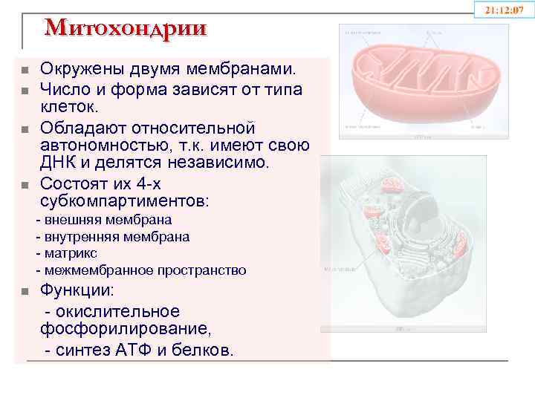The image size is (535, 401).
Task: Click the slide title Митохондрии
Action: point(126,27)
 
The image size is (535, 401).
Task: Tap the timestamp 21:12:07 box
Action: point(505,10)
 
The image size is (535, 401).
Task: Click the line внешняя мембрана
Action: point(104,220)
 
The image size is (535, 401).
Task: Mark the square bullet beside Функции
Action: point(25,292)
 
